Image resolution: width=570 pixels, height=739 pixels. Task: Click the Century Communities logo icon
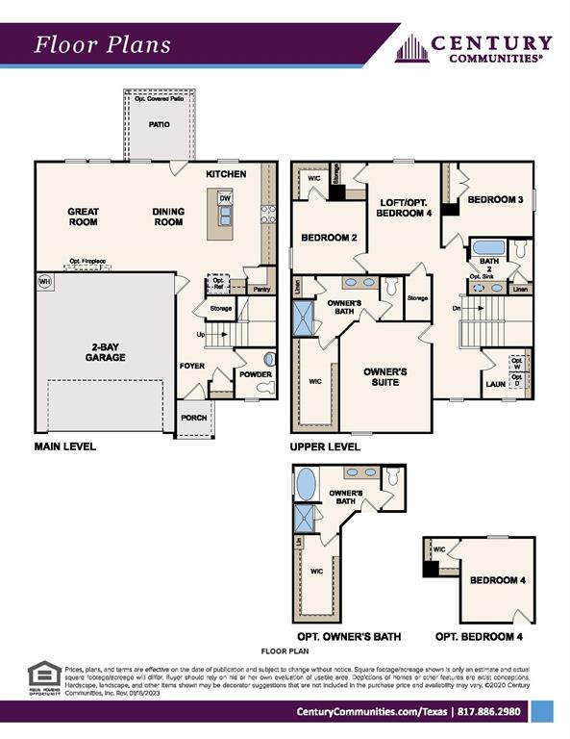tap(410, 48)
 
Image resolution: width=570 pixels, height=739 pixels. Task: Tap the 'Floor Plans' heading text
tap(103, 44)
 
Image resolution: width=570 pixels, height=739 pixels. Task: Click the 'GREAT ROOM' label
tap(83, 217)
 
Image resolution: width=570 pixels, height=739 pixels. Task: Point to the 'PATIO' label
tap(159, 124)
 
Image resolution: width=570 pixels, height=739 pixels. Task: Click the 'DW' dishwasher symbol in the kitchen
tap(224, 198)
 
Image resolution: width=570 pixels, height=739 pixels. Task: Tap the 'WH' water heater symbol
tap(43, 281)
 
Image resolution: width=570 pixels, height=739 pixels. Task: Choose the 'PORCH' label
tap(194, 417)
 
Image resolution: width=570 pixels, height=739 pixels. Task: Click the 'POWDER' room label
tap(255, 374)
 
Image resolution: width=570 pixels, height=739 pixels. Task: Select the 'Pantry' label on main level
tap(260, 288)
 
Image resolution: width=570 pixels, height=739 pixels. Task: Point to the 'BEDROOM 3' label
tap(495, 200)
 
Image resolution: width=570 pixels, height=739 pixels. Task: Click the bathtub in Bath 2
tap(489, 248)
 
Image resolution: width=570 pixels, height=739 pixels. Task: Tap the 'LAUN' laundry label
tap(495, 384)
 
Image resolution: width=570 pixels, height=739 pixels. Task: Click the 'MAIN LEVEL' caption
tap(65, 446)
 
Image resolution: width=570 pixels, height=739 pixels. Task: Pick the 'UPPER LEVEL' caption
tap(325, 446)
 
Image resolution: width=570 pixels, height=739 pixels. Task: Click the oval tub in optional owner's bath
tap(307, 483)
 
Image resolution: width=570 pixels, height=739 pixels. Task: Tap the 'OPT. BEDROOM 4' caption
tap(479, 637)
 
